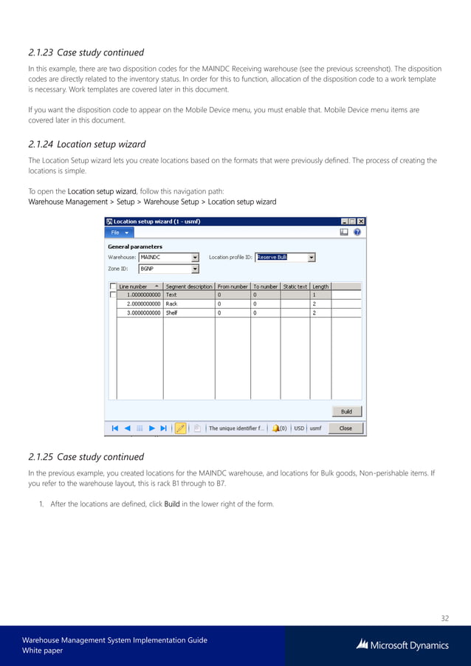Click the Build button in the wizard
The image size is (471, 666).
(x=345, y=411)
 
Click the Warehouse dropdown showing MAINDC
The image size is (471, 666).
(x=168, y=258)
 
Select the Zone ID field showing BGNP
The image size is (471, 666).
(x=168, y=269)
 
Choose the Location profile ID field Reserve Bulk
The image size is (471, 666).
(x=285, y=258)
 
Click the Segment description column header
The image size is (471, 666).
(x=189, y=286)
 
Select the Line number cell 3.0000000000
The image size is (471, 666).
(x=140, y=312)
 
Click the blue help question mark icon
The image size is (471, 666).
(x=357, y=232)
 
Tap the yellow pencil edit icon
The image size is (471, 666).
(x=180, y=428)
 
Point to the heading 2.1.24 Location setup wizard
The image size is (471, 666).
(x=86, y=144)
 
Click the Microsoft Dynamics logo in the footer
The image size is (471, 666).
(x=402, y=645)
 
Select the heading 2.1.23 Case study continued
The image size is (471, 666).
(x=86, y=52)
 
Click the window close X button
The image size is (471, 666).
(x=361, y=221)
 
